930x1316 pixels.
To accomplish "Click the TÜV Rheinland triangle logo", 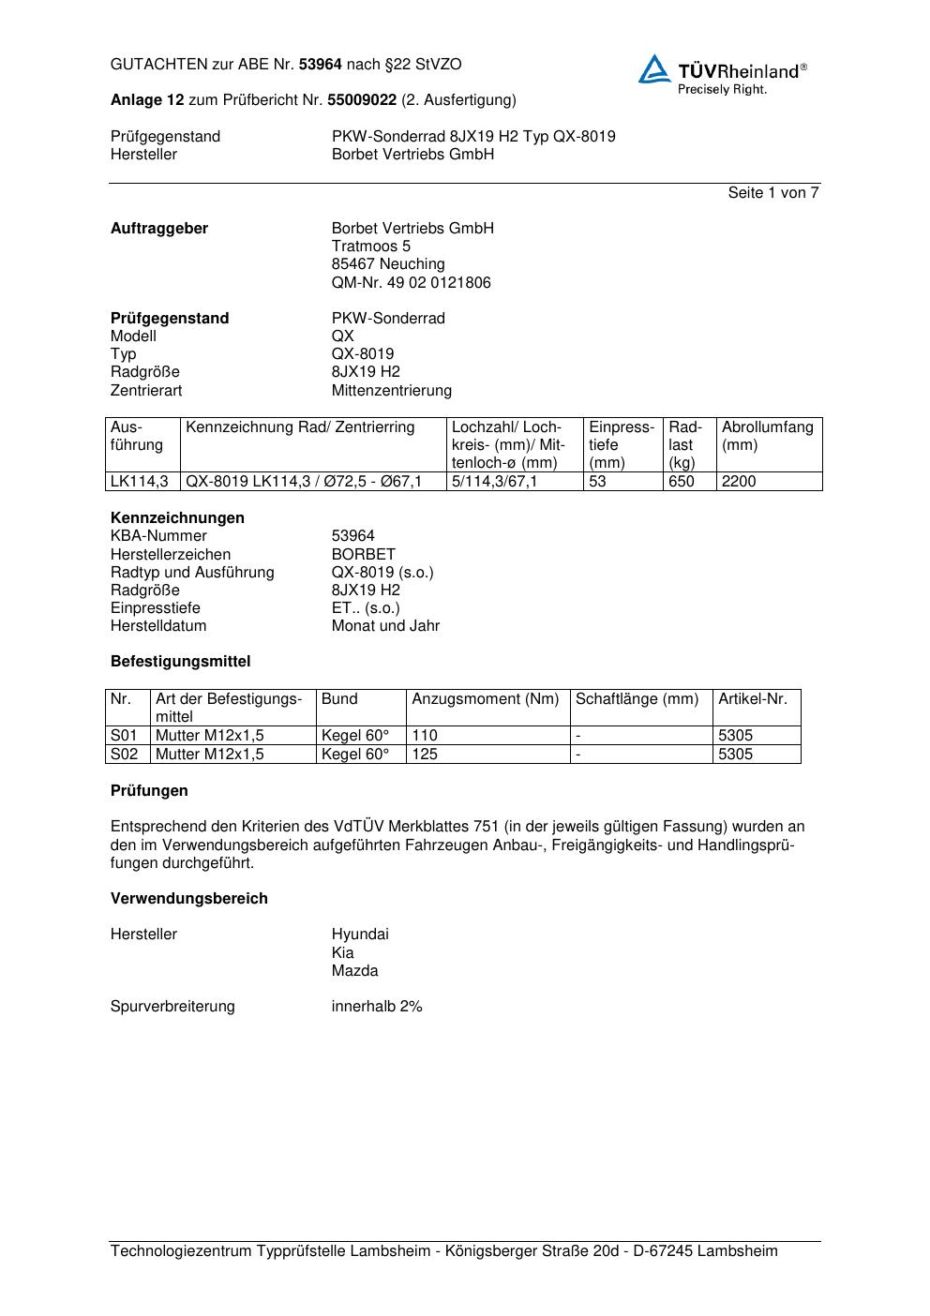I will point(654,70).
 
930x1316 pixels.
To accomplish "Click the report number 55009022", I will point(361,100).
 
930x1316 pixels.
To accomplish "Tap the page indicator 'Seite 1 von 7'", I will point(772,193).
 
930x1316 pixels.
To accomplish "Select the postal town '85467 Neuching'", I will point(388,264).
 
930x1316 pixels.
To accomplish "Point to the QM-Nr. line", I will point(411,283).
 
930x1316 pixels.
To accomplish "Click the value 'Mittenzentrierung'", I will point(391,391).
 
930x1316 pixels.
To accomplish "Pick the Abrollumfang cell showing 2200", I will point(739,482).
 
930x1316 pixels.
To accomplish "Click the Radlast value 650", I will point(682,482).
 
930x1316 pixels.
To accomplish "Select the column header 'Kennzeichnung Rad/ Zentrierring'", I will point(300,427).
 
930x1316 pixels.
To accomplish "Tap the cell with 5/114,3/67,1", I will point(495,482).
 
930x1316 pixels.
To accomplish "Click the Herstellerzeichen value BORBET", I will point(363,555).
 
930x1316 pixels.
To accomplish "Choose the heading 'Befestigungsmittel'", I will point(180,662).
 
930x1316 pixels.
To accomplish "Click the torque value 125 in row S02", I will point(425,755).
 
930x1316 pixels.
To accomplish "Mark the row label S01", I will point(124,736).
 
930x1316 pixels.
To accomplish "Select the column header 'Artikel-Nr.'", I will point(753,699).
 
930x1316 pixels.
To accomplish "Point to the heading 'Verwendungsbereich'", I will point(188,899).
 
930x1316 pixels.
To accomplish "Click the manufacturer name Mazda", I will point(354,971).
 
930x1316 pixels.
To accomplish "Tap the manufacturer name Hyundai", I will point(359,935).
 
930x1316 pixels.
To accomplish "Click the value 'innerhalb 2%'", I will point(376,1007).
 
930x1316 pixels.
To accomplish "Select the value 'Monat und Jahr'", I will point(385,626).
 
